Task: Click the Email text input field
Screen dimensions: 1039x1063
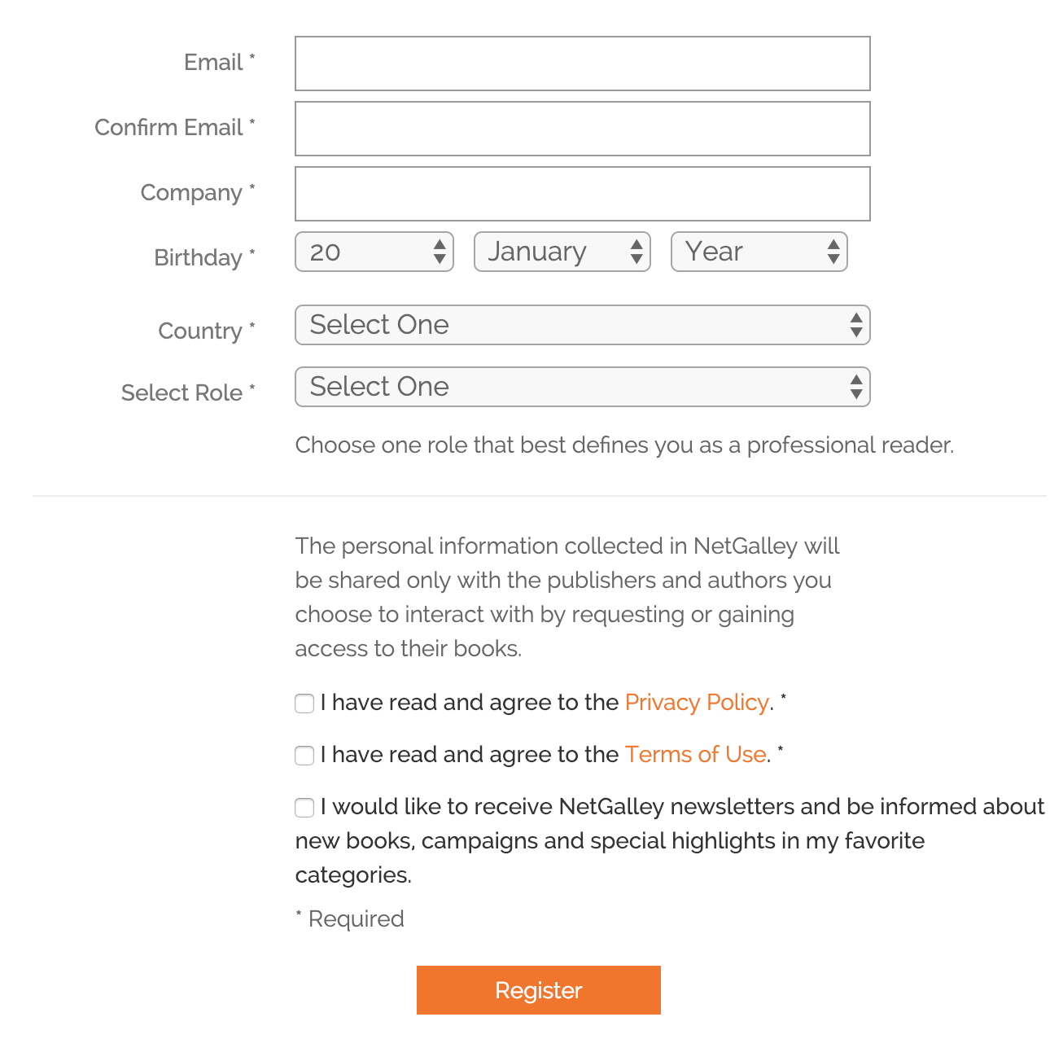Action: (x=582, y=64)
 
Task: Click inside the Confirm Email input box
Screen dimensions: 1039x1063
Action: (x=582, y=129)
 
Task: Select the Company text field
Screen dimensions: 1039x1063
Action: (x=582, y=194)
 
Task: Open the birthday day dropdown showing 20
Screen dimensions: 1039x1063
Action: (x=374, y=252)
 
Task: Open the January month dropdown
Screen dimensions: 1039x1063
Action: (x=562, y=252)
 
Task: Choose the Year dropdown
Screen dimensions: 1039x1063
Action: (x=759, y=252)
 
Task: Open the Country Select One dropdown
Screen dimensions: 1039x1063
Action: (x=582, y=325)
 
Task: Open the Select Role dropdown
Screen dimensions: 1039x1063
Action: (x=582, y=387)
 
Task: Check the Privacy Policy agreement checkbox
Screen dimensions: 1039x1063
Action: (x=304, y=704)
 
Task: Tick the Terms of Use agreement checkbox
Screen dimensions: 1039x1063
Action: (x=304, y=756)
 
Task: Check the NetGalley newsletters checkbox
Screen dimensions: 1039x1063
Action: (x=304, y=808)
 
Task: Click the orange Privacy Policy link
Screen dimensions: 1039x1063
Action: (x=697, y=702)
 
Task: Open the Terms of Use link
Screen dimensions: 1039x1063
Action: (x=695, y=754)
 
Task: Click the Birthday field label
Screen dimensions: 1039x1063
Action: (x=199, y=257)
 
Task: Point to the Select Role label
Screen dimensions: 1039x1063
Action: (x=182, y=392)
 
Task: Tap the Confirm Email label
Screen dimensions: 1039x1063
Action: (x=169, y=127)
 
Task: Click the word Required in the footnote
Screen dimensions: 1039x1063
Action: (x=357, y=918)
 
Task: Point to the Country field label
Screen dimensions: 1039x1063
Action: (x=200, y=331)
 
